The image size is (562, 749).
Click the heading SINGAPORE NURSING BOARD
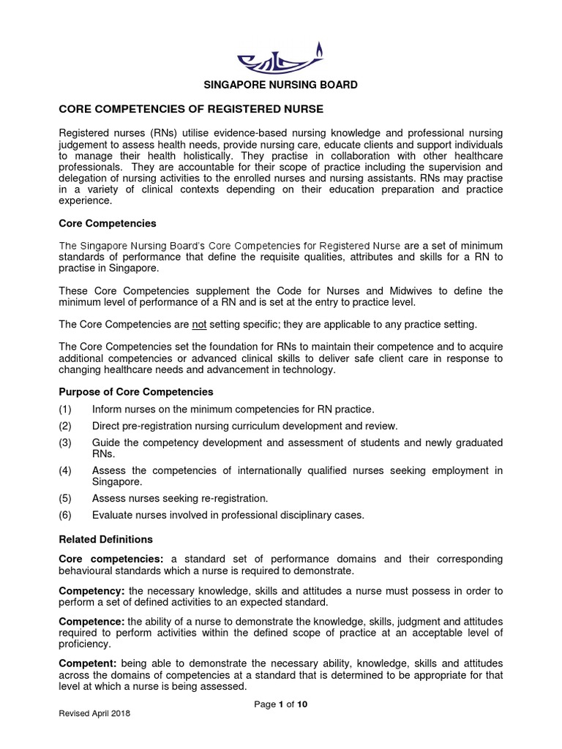(x=280, y=85)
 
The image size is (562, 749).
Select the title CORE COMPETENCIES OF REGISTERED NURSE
(x=190, y=109)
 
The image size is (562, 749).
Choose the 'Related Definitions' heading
(x=105, y=539)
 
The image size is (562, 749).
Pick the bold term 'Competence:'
(x=91, y=621)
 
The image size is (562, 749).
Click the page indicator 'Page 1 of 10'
(x=280, y=704)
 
